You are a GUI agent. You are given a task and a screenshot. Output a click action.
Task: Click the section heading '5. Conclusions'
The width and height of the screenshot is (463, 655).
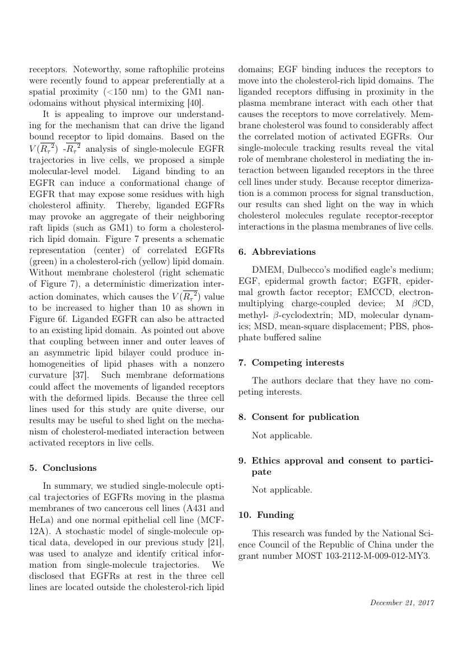coord(62,468)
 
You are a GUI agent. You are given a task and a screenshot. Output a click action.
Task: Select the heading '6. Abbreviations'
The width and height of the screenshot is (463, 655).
coord(277,252)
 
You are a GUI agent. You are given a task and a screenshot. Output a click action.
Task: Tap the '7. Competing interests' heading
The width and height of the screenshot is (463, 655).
coord(291,363)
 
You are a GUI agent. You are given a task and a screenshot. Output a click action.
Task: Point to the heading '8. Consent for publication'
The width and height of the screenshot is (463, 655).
coord(298,417)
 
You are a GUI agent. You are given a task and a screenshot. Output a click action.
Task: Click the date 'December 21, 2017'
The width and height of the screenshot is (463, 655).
coord(402,603)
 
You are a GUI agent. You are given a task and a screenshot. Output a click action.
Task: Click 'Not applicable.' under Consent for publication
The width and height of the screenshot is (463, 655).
coord(282,436)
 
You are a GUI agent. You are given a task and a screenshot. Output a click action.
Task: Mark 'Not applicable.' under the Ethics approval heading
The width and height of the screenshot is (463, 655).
coord(282,490)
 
